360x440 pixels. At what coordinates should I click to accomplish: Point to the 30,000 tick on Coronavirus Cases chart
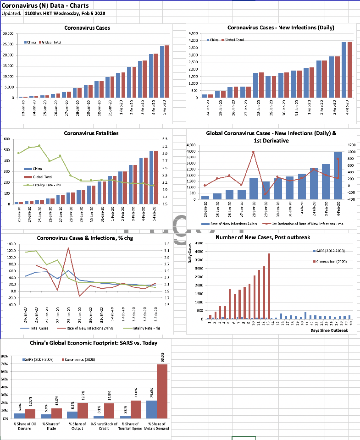pyautogui.click(x=7, y=34)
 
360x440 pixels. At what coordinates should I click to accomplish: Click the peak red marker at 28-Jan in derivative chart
pyautogui.click(x=253, y=152)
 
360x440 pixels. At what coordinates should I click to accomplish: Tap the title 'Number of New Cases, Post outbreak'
pyautogui.click(x=270, y=237)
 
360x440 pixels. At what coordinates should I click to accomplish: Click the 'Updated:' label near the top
pyautogui.click(x=11, y=13)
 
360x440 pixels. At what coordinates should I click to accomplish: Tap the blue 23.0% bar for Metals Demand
pyautogui.click(x=151, y=409)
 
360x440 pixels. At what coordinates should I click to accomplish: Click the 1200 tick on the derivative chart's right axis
pyautogui.click(x=351, y=145)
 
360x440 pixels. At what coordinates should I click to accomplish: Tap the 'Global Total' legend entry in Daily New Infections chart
pyautogui.click(x=234, y=40)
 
